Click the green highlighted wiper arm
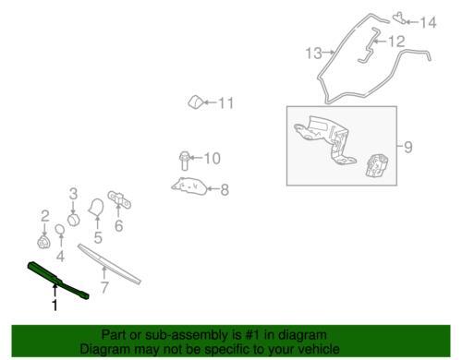(57, 280)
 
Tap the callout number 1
(55, 305)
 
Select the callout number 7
(104, 288)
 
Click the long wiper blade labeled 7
(109, 264)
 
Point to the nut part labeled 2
(43, 242)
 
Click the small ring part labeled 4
(60, 229)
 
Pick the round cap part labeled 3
(74, 220)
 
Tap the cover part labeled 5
(96, 208)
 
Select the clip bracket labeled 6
(119, 200)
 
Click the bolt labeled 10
(184, 161)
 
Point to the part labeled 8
(189, 186)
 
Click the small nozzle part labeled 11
(195, 102)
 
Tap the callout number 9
(407, 147)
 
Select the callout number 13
(314, 54)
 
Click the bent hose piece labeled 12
(370, 47)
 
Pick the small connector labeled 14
(399, 18)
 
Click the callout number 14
(429, 23)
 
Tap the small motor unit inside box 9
(377, 165)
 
